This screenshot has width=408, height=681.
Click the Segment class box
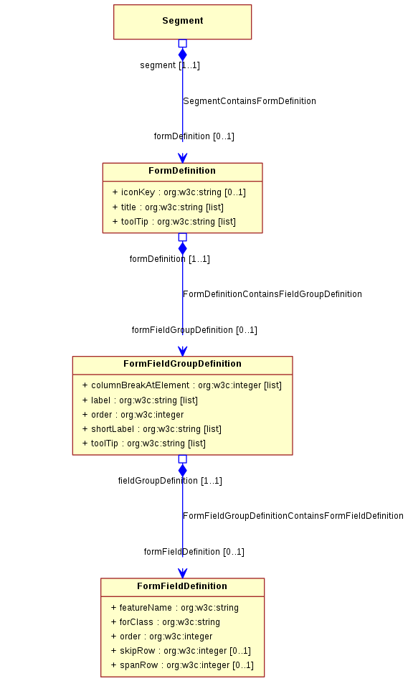coord(182,22)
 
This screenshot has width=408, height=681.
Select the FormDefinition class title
coord(182,171)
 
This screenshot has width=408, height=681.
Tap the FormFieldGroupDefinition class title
coord(182,364)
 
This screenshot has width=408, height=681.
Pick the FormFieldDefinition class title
coord(182,586)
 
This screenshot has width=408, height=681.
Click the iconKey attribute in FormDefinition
coord(179,192)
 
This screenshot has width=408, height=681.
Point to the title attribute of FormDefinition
coord(168,207)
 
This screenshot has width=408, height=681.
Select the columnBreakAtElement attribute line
coord(182,385)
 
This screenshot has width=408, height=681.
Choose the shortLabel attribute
coord(151,429)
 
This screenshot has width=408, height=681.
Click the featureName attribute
coord(174,608)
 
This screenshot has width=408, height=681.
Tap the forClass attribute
coord(166,622)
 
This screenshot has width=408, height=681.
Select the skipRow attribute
coord(181,651)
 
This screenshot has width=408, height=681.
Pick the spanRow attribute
coord(182,665)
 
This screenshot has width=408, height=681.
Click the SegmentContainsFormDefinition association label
coord(250,101)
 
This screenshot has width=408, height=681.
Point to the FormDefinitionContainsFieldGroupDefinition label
coord(272,294)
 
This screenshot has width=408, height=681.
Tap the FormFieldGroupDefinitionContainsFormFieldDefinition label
coord(293,516)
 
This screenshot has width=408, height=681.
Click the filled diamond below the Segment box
coord(183,55)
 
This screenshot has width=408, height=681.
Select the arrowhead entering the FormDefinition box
coord(183,158)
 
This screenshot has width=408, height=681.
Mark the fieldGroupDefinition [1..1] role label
coord(170,481)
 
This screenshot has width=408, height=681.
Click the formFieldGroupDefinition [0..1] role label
coord(194,330)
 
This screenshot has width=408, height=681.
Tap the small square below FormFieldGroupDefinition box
coord(183,459)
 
